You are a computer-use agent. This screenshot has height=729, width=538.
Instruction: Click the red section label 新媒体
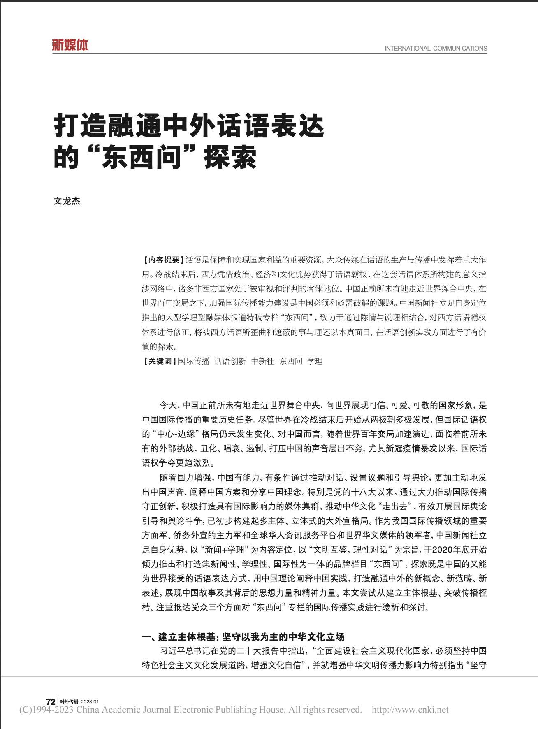[x=70, y=45]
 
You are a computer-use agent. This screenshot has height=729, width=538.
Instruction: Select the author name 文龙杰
[x=67, y=201]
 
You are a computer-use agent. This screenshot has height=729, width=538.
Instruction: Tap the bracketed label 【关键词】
[x=160, y=361]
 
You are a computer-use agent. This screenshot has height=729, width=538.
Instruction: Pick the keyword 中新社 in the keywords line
[x=262, y=361]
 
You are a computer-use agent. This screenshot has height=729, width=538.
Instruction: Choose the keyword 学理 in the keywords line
[x=315, y=361]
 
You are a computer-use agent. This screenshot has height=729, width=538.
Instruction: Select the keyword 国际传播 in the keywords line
[x=193, y=361]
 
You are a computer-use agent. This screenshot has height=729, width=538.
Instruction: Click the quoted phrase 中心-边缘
[x=178, y=434]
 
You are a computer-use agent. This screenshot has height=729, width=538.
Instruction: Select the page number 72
[x=51, y=702]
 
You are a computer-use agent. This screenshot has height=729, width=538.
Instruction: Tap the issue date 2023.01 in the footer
[x=90, y=702]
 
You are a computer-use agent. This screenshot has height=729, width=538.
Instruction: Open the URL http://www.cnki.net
[x=410, y=710]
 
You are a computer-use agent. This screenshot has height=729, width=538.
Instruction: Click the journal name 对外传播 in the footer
[x=69, y=702]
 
